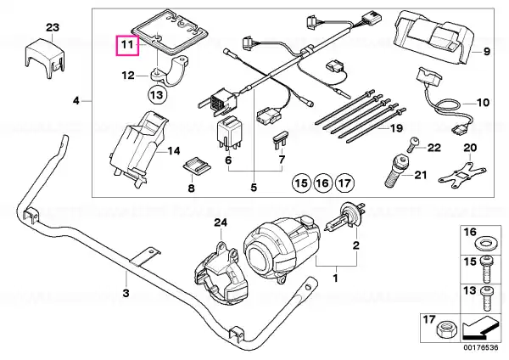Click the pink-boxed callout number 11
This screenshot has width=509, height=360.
click(127, 44)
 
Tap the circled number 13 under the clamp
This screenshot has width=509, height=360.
click(157, 95)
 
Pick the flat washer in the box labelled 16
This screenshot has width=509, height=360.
click(485, 244)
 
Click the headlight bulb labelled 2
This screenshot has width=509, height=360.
click(344, 220)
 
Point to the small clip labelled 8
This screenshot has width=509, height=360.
click(196, 165)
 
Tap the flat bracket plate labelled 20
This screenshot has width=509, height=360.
click(462, 174)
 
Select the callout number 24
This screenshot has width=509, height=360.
click(221, 223)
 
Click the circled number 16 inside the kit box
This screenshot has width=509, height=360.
click(322, 183)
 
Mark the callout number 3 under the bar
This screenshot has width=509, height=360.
click(126, 293)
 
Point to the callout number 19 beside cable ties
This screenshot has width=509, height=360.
click(396, 128)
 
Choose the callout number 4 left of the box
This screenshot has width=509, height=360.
click(76, 101)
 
